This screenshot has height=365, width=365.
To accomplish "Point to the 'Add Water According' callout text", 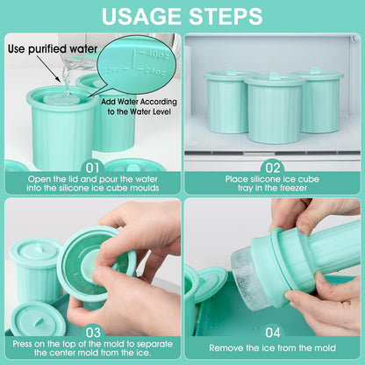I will click(139, 99).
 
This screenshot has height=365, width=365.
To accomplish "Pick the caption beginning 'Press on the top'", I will click(91, 347).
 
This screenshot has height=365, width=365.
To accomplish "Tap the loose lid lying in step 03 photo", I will click(39, 317).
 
